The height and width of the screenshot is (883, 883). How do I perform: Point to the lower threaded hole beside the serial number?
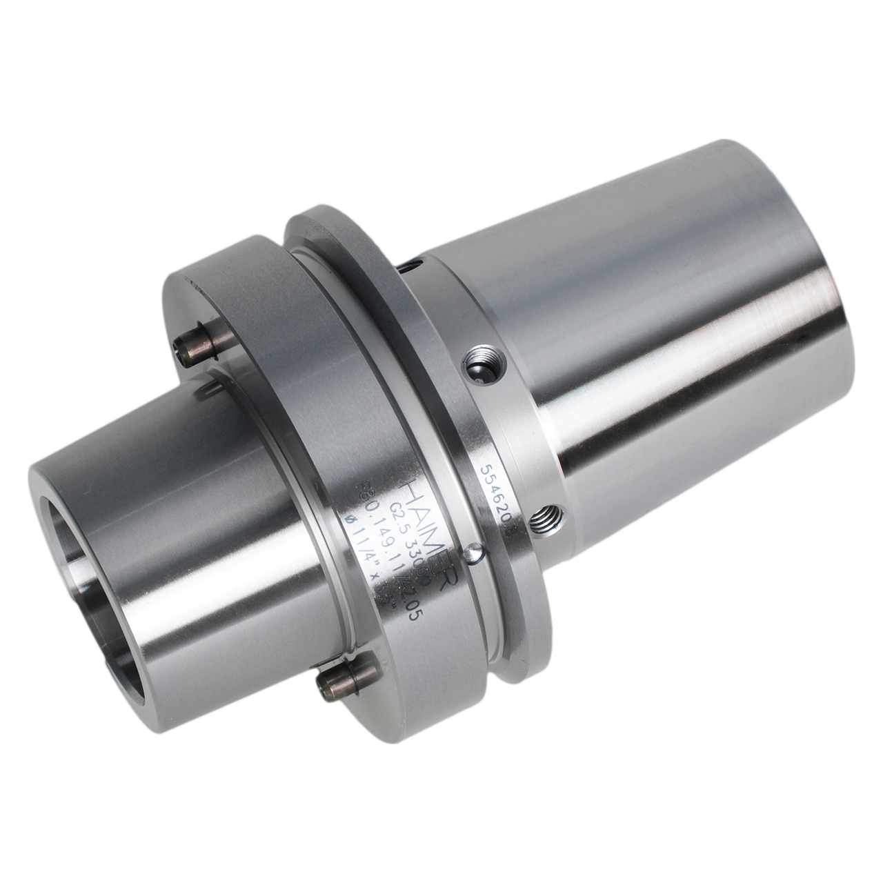click(x=548, y=515)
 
